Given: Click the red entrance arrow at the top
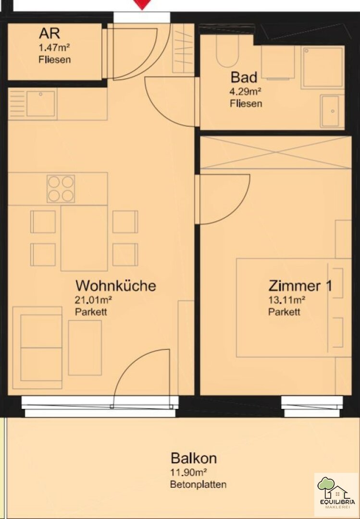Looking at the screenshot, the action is click(142, 4).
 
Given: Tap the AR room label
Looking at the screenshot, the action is click(50, 34).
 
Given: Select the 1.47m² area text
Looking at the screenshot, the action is click(54, 48).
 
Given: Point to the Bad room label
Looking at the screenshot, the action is click(244, 77).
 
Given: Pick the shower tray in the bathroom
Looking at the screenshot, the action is click(323, 68).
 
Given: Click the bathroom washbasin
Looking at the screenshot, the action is click(332, 111).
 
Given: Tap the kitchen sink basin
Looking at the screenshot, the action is click(40, 104).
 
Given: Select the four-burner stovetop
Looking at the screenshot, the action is click(61, 189).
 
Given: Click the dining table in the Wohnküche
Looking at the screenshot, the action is click(84, 238).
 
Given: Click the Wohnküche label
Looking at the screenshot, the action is click(115, 285).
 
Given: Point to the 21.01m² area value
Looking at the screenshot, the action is click(93, 300).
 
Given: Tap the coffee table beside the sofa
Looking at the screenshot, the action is click(85, 347).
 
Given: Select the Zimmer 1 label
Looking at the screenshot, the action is click(300, 285).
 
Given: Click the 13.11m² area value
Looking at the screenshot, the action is click(286, 300).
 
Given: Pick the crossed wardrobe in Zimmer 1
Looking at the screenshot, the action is click(275, 153).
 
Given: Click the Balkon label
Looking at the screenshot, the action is click(194, 458).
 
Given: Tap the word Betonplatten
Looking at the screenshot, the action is click(199, 484).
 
